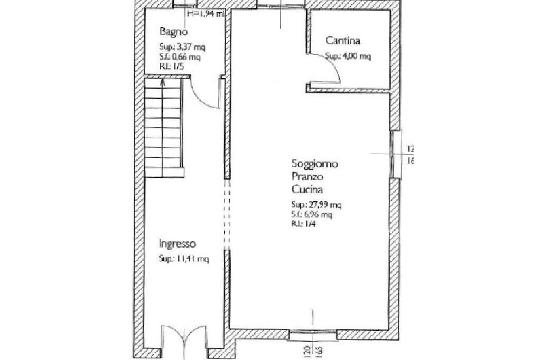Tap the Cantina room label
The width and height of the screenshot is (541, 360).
tap(342, 41)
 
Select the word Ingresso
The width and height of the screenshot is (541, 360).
tap(178, 244)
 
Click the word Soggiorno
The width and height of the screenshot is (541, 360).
tap(314, 164)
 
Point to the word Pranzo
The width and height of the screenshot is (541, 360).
tap(306, 177)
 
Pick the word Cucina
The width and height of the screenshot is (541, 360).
tap(306, 190)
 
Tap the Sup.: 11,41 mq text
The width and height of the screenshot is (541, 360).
tap(184, 259)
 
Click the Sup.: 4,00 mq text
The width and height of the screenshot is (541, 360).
tap(348, 56)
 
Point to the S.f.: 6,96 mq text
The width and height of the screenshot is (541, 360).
tap(311, 215)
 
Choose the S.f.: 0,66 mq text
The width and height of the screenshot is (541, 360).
tap(180, 56)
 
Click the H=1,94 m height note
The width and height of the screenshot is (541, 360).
tap(206, 14)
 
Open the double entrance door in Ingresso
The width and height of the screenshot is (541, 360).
tap(183, 338)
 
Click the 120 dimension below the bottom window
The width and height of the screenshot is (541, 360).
tap(306, 350)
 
